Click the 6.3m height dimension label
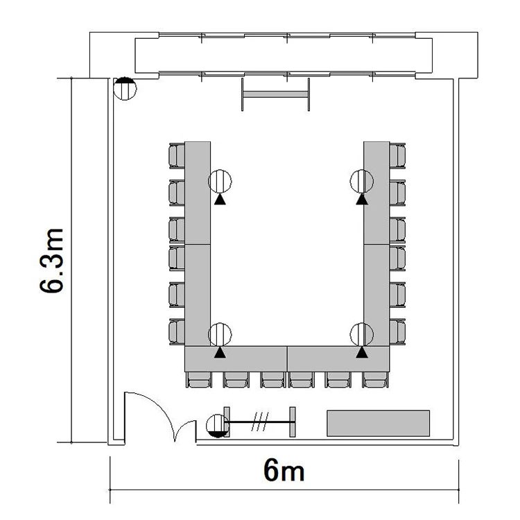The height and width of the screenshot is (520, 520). (51, 261)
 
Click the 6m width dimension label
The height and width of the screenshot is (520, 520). (284, 471)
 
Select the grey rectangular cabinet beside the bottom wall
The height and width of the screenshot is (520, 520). (379, 423)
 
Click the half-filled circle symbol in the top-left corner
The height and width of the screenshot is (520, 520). (125, 89)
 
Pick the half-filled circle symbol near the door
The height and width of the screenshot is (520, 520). (218, 426)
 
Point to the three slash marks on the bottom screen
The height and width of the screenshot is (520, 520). (260, 422)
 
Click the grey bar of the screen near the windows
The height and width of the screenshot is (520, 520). (275, 94)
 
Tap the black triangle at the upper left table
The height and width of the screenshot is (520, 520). (220, 199)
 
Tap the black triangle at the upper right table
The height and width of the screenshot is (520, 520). (362, 199)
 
